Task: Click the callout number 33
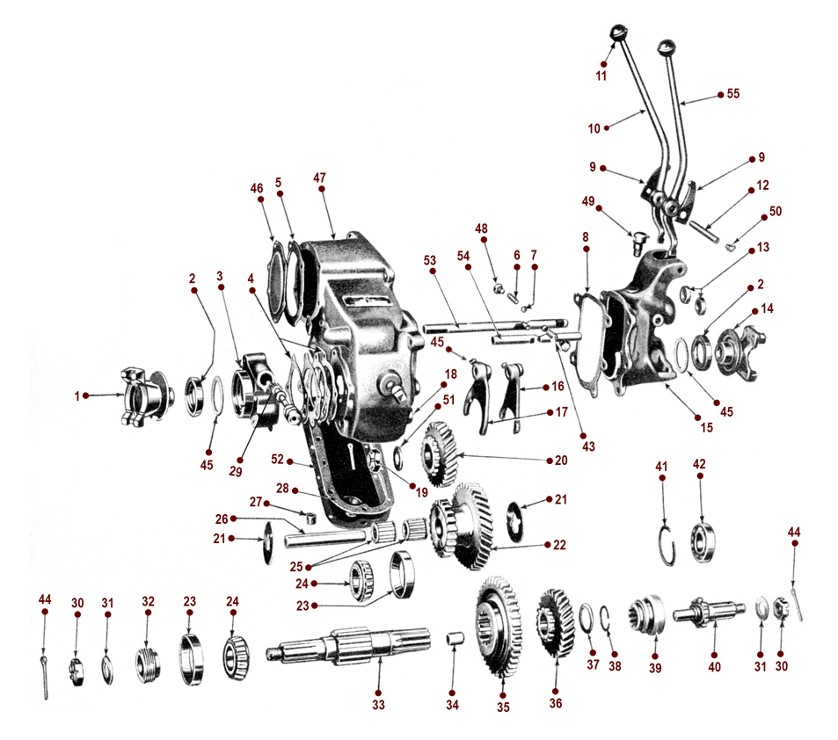click(378, 704)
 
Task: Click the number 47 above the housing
click(319, 178)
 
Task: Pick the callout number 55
click(733, 93)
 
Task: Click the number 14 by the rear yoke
click(769, 308)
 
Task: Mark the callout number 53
click(429, 260)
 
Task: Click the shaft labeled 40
click(710, 614)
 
